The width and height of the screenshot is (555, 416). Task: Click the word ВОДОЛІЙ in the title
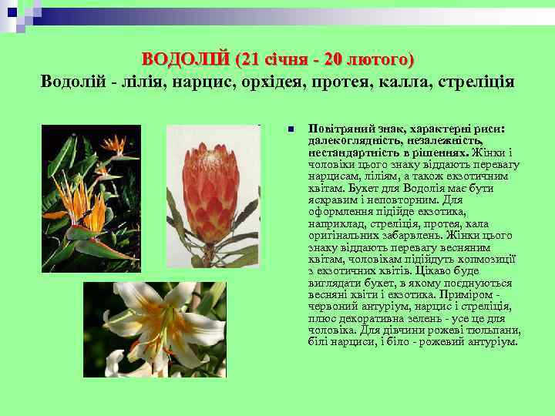(x=186, y=59)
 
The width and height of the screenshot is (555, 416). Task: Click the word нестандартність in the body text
(x=349, y=152)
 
